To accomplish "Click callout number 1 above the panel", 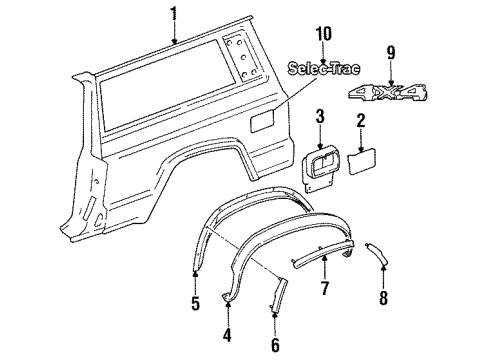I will [175, 13].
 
